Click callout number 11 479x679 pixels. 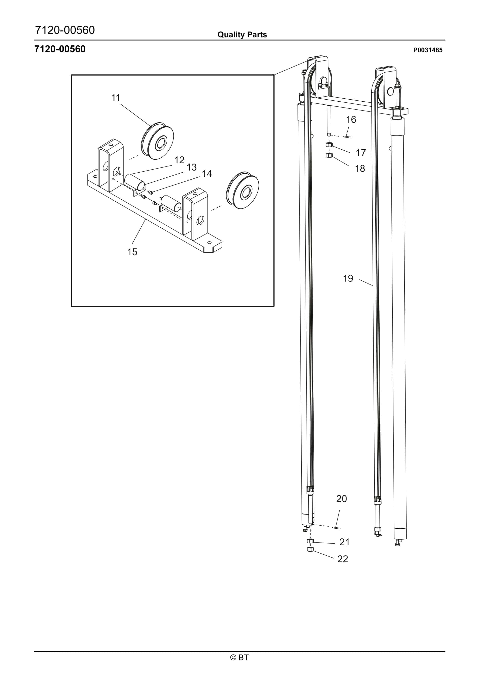pos(116,98)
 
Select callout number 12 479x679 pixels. pos(179,160)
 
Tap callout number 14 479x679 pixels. pos(207,174)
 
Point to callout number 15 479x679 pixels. pos(132,252)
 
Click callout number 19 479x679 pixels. pos(348,278)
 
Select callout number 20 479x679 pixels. pos(341,499)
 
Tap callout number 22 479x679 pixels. pos(343,559)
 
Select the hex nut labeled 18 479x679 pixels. pos(329,155)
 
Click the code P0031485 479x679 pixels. pos(428,50)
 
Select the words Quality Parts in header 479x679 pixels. pos(242,35)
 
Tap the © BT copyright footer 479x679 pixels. pos(239,657)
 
